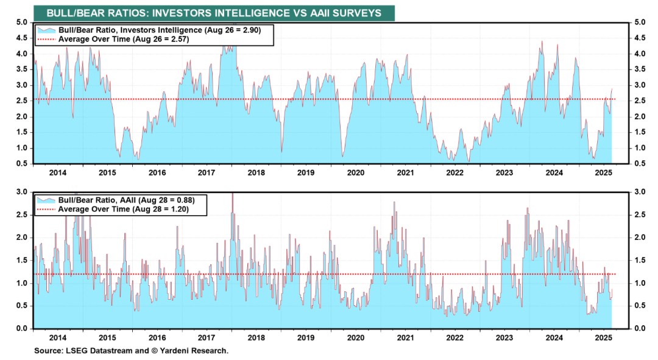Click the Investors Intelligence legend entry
point(159,30)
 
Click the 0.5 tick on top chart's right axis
point(640,164)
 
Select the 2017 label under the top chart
point(206,173)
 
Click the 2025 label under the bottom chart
point(603,337)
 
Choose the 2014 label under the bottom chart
point(57,337)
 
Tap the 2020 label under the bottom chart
point(355,337)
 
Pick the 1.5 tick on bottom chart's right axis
point(640,261)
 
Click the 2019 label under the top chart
point(305,173)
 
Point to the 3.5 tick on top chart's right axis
point(640,69)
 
